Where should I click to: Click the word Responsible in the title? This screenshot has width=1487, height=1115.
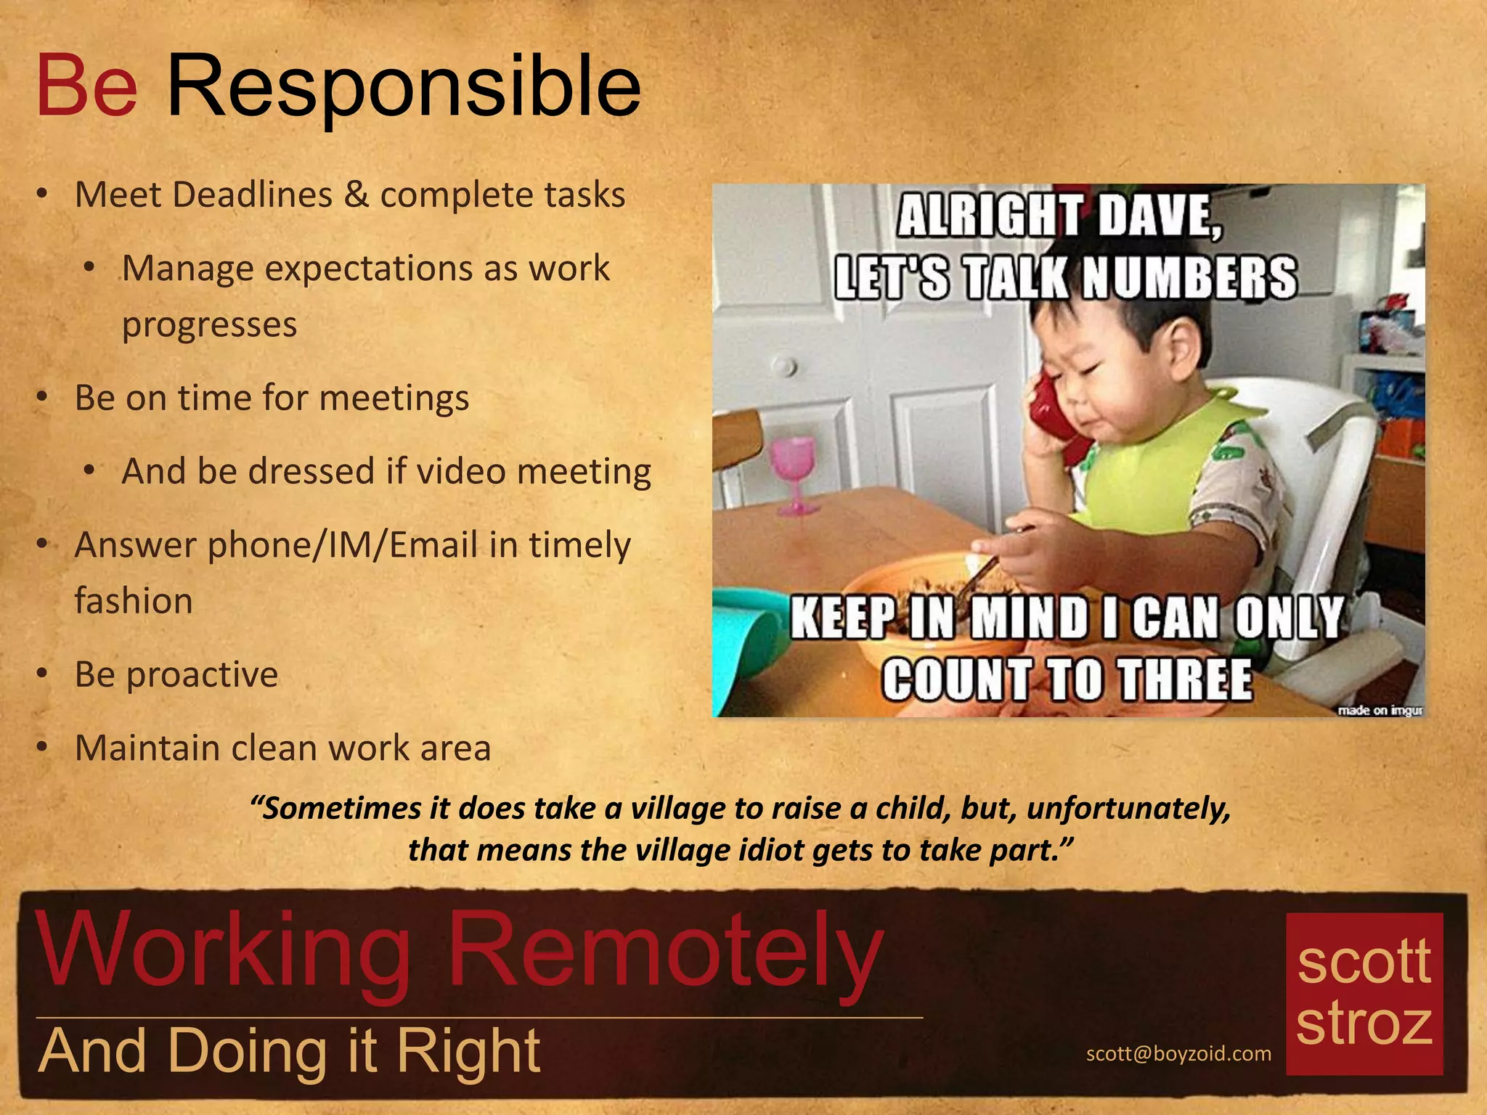(404, 89)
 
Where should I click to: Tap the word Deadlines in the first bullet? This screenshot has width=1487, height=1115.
(253, 195)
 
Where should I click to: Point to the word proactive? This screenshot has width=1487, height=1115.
(202, 675)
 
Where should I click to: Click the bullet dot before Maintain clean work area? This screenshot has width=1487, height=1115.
(43, 746)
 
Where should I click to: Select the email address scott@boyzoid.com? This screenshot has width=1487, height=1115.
(1178, 1053)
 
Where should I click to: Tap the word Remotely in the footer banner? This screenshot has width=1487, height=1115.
(664, 951)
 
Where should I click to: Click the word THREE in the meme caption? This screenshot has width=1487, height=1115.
(1184, 679)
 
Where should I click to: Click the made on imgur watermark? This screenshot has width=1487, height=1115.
(1380, 710)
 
